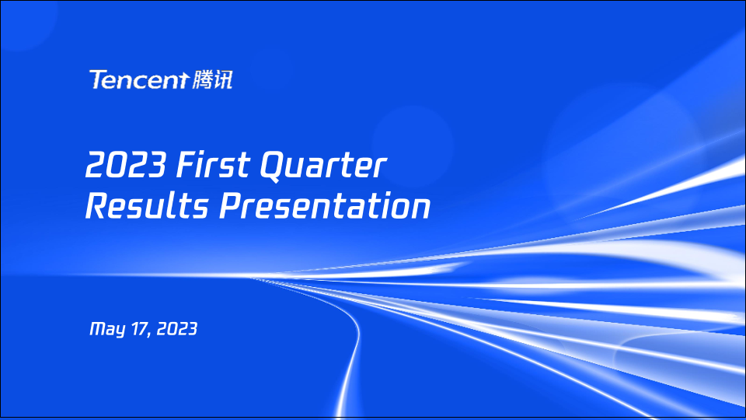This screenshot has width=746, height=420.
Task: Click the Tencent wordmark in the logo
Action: coord(139,79)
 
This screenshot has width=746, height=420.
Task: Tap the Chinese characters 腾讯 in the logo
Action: coord(213,79)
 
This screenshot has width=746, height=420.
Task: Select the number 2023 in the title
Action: coord(126,165)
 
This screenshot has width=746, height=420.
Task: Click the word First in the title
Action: coord(213,165)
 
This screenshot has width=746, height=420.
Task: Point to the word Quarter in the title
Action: coord(323,166)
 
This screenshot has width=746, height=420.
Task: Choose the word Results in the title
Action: coord(147,205)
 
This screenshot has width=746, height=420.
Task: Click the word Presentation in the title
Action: coord(325,205)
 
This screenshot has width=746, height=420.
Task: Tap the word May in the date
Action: coord(107,329)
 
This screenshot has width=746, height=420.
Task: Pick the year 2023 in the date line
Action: coord(176,328)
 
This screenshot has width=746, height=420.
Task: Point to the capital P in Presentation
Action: coord(232,205)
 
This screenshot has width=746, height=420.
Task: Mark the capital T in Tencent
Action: coord(99,79)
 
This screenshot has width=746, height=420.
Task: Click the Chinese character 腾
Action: coord(202,79)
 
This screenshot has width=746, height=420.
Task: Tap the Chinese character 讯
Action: coord(223,79)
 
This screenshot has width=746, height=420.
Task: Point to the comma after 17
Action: coord(149,334)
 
